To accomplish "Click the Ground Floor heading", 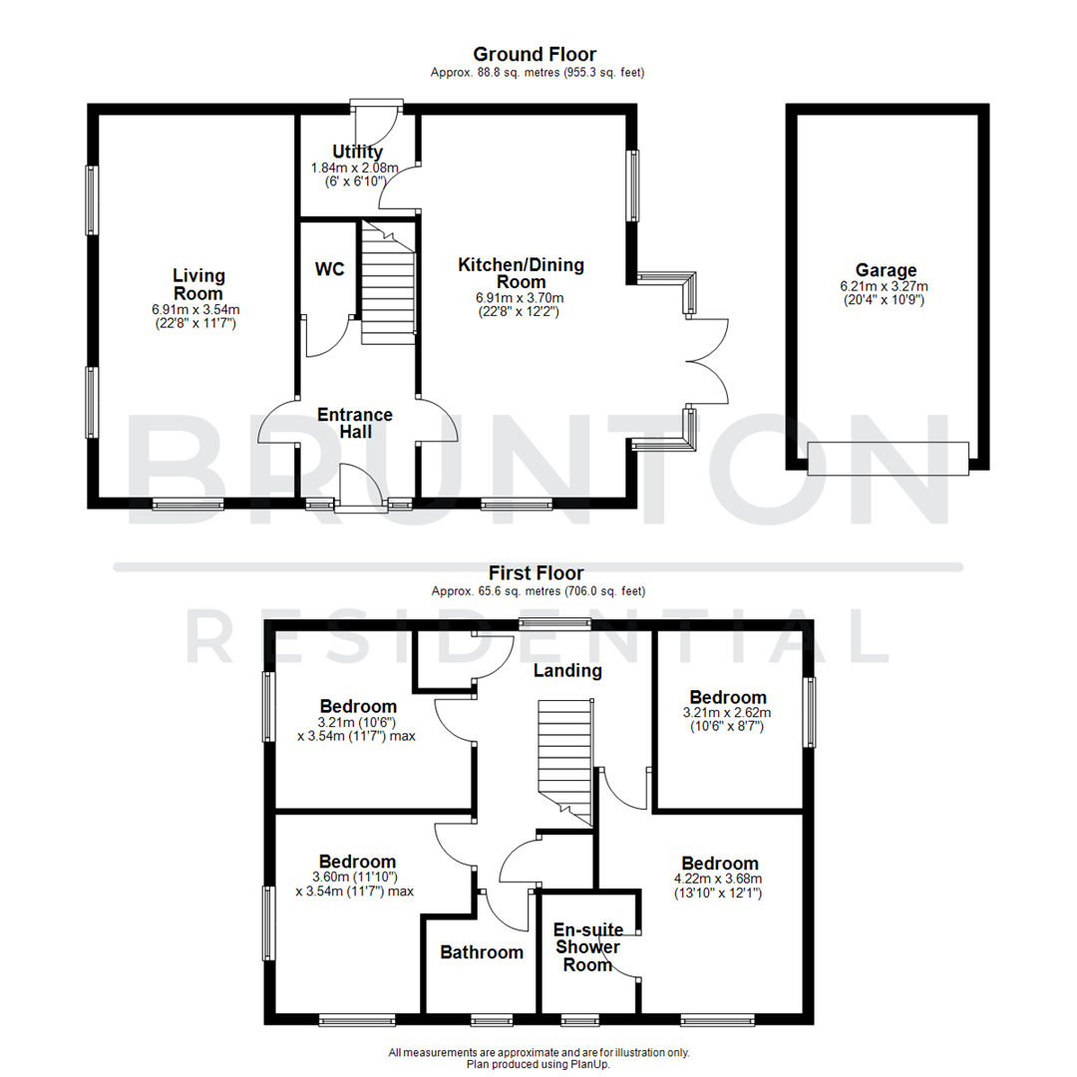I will coord(535,54).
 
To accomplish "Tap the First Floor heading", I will coord(537,572).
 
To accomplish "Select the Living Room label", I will coord(198,284).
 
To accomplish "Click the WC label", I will coord(329,270).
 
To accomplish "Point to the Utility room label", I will coord(358,152).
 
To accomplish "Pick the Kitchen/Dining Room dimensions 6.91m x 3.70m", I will coord(521,297).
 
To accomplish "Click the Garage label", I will coord(886,270).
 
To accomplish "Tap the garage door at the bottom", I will coord(888,458).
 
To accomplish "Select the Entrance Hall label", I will coord(355,423).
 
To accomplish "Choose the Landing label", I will coord(567,670).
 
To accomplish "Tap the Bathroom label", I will coord(482,952).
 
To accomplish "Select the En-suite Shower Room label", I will coord(587,946).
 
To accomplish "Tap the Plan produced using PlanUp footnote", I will coord(538,1064).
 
